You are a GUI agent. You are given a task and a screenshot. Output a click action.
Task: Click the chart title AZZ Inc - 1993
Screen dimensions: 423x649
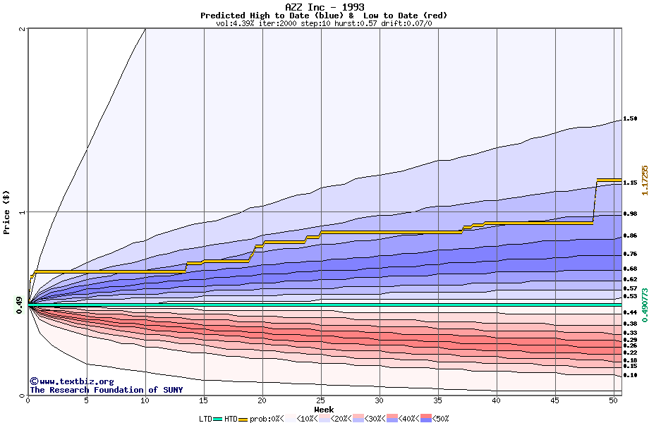[x=324, y=7]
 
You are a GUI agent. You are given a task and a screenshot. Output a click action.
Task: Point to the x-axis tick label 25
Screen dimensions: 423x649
[x=321, y=400]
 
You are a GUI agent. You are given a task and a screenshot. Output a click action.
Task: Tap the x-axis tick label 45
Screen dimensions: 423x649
[x=555, y=400]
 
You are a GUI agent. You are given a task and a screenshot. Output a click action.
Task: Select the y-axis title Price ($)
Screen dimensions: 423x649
[x=7, y=211]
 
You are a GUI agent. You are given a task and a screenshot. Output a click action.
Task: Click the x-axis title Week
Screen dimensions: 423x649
[x=324, y=409]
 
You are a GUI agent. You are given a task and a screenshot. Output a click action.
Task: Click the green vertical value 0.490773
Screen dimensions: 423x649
[x=643, y=305]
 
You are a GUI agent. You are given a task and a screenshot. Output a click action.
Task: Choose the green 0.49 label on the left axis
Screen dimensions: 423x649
[x=20, y=305]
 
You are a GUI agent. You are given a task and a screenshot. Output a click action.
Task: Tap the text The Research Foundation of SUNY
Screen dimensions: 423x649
[x=106, y=390]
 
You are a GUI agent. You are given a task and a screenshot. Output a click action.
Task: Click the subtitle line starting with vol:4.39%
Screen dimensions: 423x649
[x=324, y=23]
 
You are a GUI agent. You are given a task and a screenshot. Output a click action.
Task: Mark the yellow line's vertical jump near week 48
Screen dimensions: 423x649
[x=595, y=202]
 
